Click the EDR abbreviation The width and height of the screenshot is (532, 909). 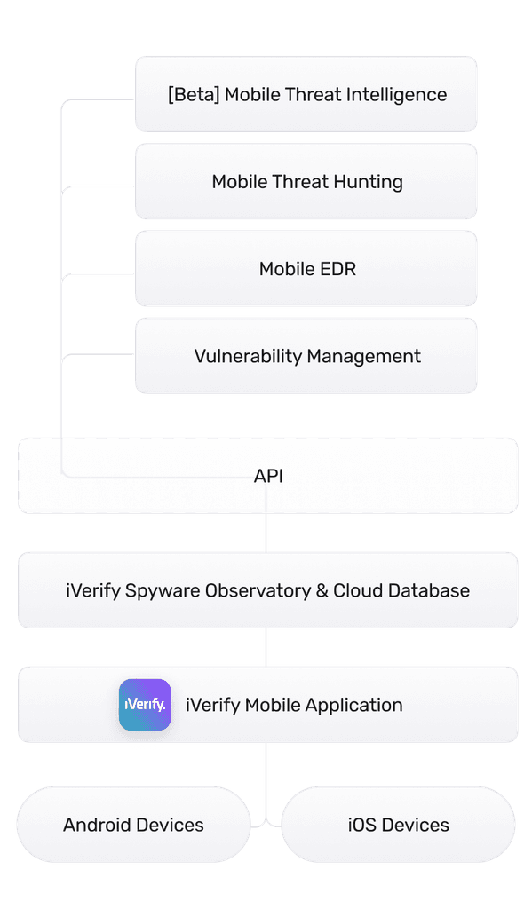(x=337, y=269)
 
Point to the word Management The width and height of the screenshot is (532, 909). (x=364, y=357)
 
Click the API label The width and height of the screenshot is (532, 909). (x=268, y=477)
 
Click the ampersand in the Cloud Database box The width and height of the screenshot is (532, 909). (x=322, y=591)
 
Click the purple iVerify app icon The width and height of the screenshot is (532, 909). (x=145, y=705)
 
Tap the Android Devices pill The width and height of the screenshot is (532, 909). (x=133, y=825)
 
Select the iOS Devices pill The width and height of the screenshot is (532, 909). (x=398, y=825)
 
